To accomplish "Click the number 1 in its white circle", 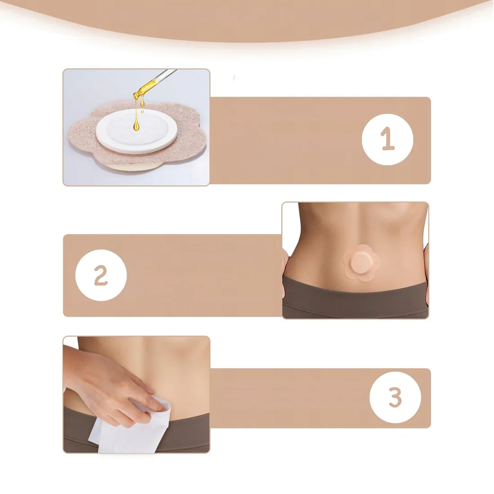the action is point(388,139).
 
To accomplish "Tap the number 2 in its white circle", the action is point(101,275).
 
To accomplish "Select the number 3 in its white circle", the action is point(395,397).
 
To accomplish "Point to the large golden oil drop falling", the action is point(136,124).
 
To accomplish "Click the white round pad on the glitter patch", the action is point(137,131).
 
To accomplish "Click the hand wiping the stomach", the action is point(114,384).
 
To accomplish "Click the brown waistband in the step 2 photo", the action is point(355,298).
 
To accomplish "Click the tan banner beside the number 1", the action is point(320,141).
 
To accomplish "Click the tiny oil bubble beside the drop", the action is point(142,111).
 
